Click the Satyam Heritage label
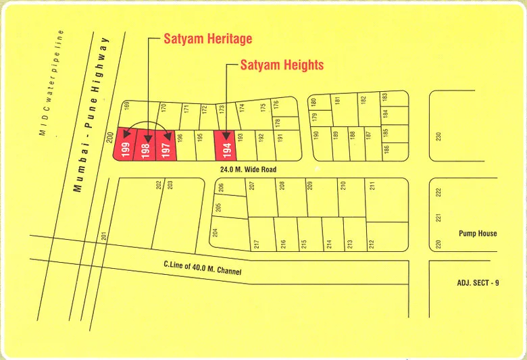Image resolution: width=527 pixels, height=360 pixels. (207, 38)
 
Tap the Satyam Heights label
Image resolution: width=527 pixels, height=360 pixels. (282, 65)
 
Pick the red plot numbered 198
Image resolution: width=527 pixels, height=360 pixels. (146, 147)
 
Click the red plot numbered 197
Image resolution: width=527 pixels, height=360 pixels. (166, 147)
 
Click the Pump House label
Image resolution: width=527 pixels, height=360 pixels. (478, 233)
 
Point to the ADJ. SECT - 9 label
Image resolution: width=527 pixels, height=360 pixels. (477, 282)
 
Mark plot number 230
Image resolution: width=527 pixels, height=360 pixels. (438, 136)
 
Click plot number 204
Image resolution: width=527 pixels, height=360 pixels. (216, 232)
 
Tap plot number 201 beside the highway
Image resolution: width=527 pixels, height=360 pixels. (104, 236)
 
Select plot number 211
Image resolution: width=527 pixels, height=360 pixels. (371, 186)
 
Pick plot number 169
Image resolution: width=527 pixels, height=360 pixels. (126, 106)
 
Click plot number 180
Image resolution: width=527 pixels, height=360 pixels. (313, 103)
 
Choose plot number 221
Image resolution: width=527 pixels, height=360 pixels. (438, 218)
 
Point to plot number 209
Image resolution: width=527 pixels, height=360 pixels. (310, 185)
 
